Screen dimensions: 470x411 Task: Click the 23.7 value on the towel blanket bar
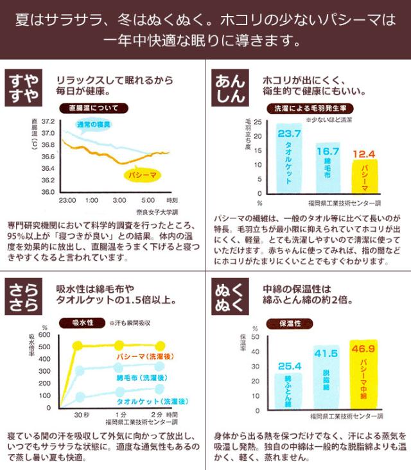tap(289, 134)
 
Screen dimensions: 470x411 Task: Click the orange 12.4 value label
tap(364, 154)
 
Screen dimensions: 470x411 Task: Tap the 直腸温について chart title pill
tap(94, 108)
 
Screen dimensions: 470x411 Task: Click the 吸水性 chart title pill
tap(81, 322)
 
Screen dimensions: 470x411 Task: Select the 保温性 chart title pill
tap(288, 322)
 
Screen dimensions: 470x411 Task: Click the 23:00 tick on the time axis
tap(67, 200)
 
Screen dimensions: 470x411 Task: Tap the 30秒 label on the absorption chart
tap(82, 414)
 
